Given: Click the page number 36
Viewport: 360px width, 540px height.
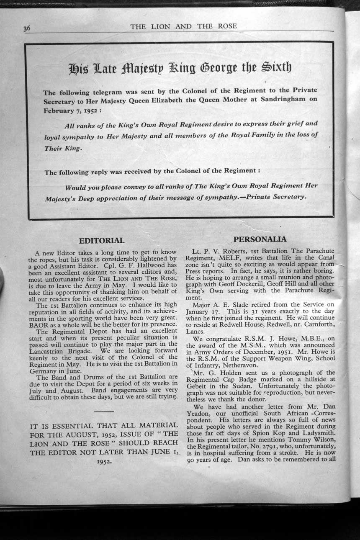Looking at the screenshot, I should [x=27, y=28].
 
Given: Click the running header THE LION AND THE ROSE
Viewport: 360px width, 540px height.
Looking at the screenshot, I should [x=183, y=26].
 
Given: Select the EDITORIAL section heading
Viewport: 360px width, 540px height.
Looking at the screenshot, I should [x=102, y=241].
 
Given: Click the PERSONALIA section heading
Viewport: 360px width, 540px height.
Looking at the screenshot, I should [x=260, y=239].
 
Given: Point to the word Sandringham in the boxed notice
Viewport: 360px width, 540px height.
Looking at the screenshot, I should [x=280, y=99].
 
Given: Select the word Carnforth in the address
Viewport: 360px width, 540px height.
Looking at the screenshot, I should [x=318, y=324].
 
